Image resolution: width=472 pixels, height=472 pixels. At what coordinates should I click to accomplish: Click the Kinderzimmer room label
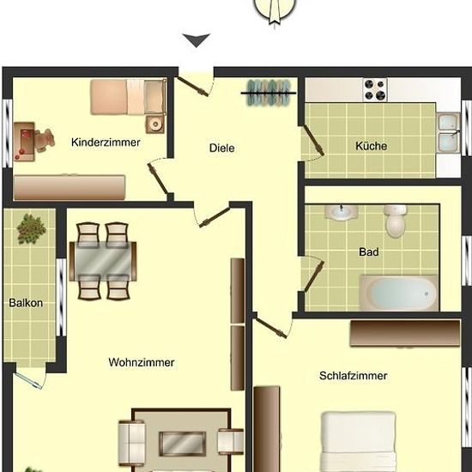click(106, 142)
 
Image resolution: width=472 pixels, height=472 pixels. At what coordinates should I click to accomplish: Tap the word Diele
click(222, 148)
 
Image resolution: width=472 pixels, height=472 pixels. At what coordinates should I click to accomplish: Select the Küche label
click(371, 146)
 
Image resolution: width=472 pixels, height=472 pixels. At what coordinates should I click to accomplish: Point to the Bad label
click(369, 251)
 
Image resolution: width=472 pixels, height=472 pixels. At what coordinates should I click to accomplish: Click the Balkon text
click(26, 303)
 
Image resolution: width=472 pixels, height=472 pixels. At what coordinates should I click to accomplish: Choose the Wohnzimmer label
click(142, 362)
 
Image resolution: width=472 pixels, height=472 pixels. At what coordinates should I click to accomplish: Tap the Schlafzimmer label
click(353, 376)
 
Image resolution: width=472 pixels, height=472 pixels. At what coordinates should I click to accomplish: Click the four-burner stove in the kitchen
click(375, 90)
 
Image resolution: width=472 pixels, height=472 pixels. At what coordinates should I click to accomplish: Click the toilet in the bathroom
click(396, 221)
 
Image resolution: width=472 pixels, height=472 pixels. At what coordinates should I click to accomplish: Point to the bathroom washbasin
click(342, 212)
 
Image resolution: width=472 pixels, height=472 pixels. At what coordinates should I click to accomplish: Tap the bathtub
click(399, 293)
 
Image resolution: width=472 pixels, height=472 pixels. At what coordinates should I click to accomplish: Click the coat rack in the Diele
click(269, 93)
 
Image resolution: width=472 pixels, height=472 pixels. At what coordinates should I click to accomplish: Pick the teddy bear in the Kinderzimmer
click(45, 140)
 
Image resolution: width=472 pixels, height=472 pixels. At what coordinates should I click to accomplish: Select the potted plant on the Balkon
click(31, 228)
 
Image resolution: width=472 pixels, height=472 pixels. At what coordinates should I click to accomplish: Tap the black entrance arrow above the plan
click(197, 40)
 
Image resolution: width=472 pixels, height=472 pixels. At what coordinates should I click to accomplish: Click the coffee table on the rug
click(183, 444)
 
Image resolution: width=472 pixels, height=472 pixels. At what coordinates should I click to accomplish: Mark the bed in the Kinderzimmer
click(129, 97)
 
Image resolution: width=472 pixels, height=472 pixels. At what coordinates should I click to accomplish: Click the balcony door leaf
click(27, 380)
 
